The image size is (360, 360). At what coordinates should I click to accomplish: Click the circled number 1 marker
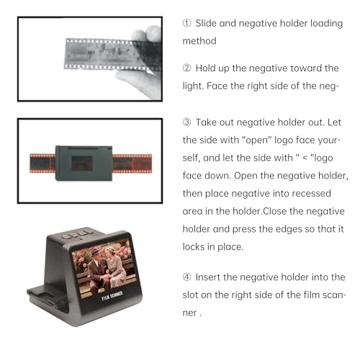coord(186,23)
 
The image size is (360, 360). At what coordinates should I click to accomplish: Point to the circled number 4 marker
coord(186,277)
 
